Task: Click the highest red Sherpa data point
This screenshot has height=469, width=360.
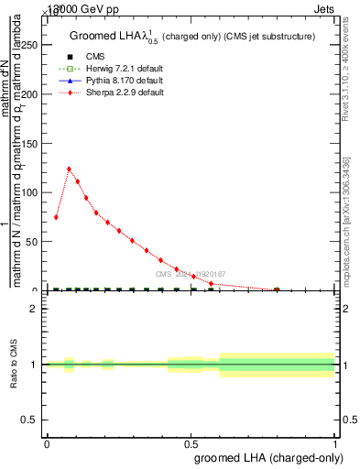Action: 69,169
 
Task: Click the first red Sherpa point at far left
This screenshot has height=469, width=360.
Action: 56,217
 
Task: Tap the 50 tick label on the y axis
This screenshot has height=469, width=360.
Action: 36,242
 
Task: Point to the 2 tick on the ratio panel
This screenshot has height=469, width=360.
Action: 37,309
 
